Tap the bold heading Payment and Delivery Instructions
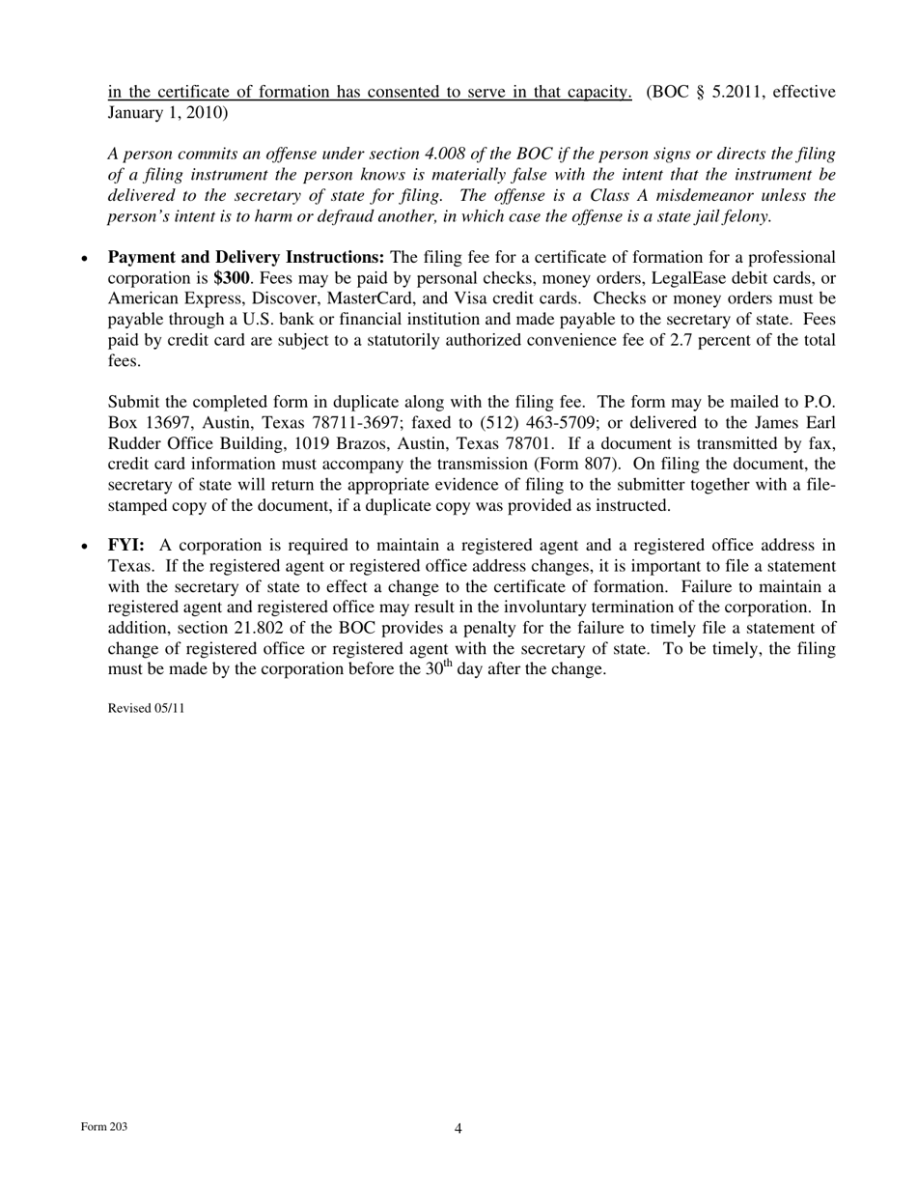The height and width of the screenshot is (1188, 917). [x=245, y=257]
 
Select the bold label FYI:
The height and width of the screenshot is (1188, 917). [x=125, y=546]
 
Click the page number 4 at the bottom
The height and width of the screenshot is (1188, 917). [x=458, y=1128]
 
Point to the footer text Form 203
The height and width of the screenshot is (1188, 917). [x=104, y=1127]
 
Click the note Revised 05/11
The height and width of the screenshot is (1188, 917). [x=146, y=708]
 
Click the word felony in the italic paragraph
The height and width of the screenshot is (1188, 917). [x=744, y=215]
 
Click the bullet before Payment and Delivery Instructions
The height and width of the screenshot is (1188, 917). [x=86, y=259]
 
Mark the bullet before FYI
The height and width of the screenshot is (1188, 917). [x=86, y=548]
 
